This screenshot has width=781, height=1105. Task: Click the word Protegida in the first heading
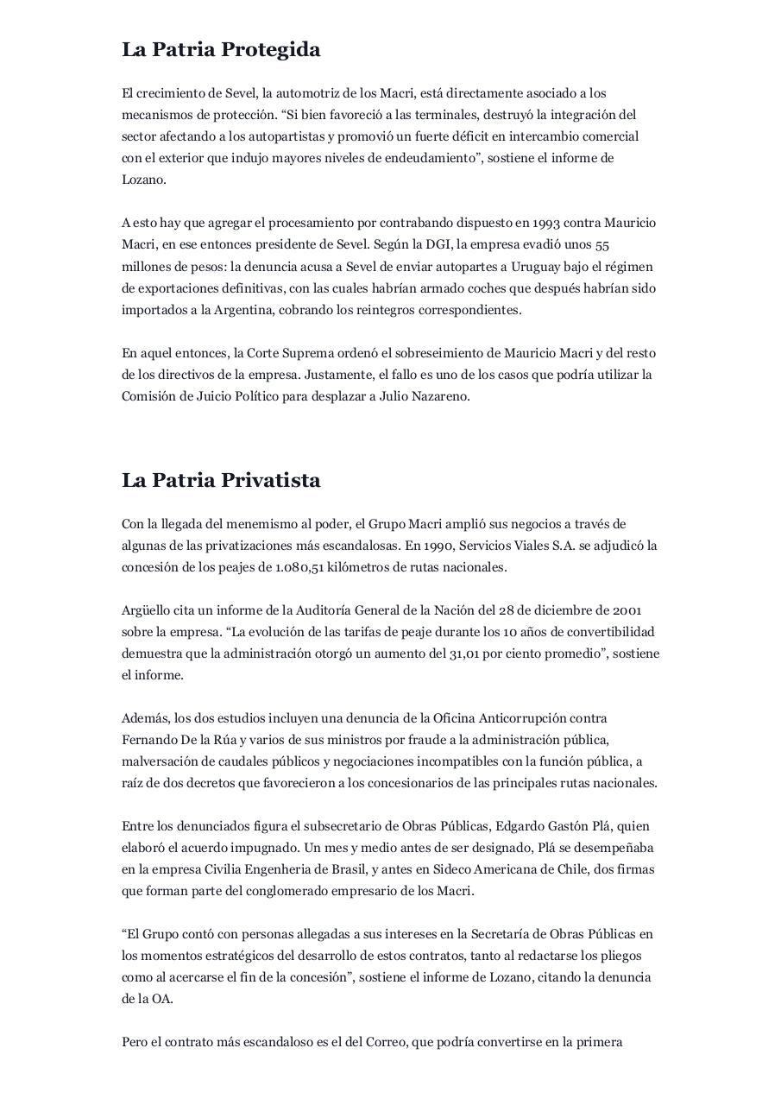[271, 50]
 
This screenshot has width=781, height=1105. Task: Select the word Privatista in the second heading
[271, 481]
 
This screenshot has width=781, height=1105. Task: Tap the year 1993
[546, 223]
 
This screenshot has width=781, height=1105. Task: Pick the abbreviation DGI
[439, 244]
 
